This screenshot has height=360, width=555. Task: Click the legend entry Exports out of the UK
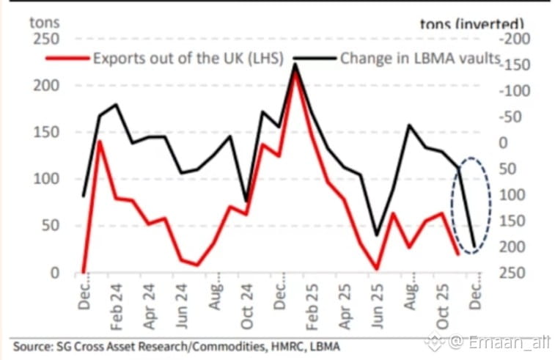187,58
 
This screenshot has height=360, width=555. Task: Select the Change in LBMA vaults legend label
419,58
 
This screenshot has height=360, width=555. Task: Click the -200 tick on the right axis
514,39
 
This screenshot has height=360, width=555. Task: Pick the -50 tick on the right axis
516,117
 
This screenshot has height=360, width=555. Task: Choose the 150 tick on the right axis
514,221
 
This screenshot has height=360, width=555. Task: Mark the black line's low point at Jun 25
377,235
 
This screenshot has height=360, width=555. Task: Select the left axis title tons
44,21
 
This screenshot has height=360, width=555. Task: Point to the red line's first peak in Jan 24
100,142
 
